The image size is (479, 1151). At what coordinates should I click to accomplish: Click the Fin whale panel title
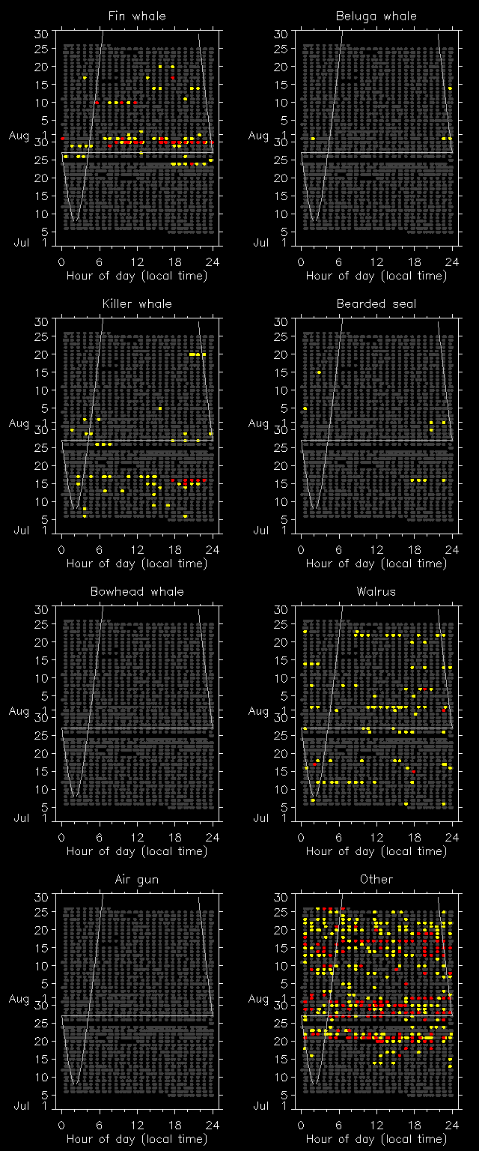137,16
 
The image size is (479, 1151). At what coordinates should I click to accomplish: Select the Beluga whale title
376,16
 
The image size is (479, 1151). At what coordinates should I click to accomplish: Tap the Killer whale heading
137,303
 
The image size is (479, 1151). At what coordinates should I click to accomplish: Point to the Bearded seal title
376,303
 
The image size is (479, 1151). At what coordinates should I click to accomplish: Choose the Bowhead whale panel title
137,591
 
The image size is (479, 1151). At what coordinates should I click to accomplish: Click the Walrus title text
376,591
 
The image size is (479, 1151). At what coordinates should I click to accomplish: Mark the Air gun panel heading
137,879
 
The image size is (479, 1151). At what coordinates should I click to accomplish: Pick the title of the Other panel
376,879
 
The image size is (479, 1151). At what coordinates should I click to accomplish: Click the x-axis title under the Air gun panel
137,1139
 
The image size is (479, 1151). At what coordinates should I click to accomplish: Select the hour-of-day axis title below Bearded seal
376,564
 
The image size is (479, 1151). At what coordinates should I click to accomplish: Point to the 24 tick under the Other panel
451,1125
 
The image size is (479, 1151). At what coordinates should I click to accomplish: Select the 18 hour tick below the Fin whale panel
174,262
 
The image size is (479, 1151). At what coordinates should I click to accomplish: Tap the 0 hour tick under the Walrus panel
301,837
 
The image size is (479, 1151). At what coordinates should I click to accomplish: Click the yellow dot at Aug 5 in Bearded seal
305,408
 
